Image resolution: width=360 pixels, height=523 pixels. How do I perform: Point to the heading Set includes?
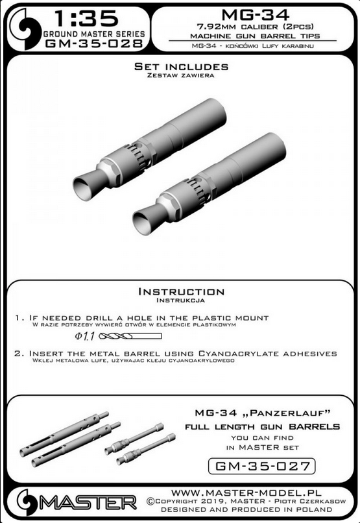coord(180,67)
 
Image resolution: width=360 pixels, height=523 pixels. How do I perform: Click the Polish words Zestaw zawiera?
coord(180,76)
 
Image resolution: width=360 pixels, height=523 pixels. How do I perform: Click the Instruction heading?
coord(181,292)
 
